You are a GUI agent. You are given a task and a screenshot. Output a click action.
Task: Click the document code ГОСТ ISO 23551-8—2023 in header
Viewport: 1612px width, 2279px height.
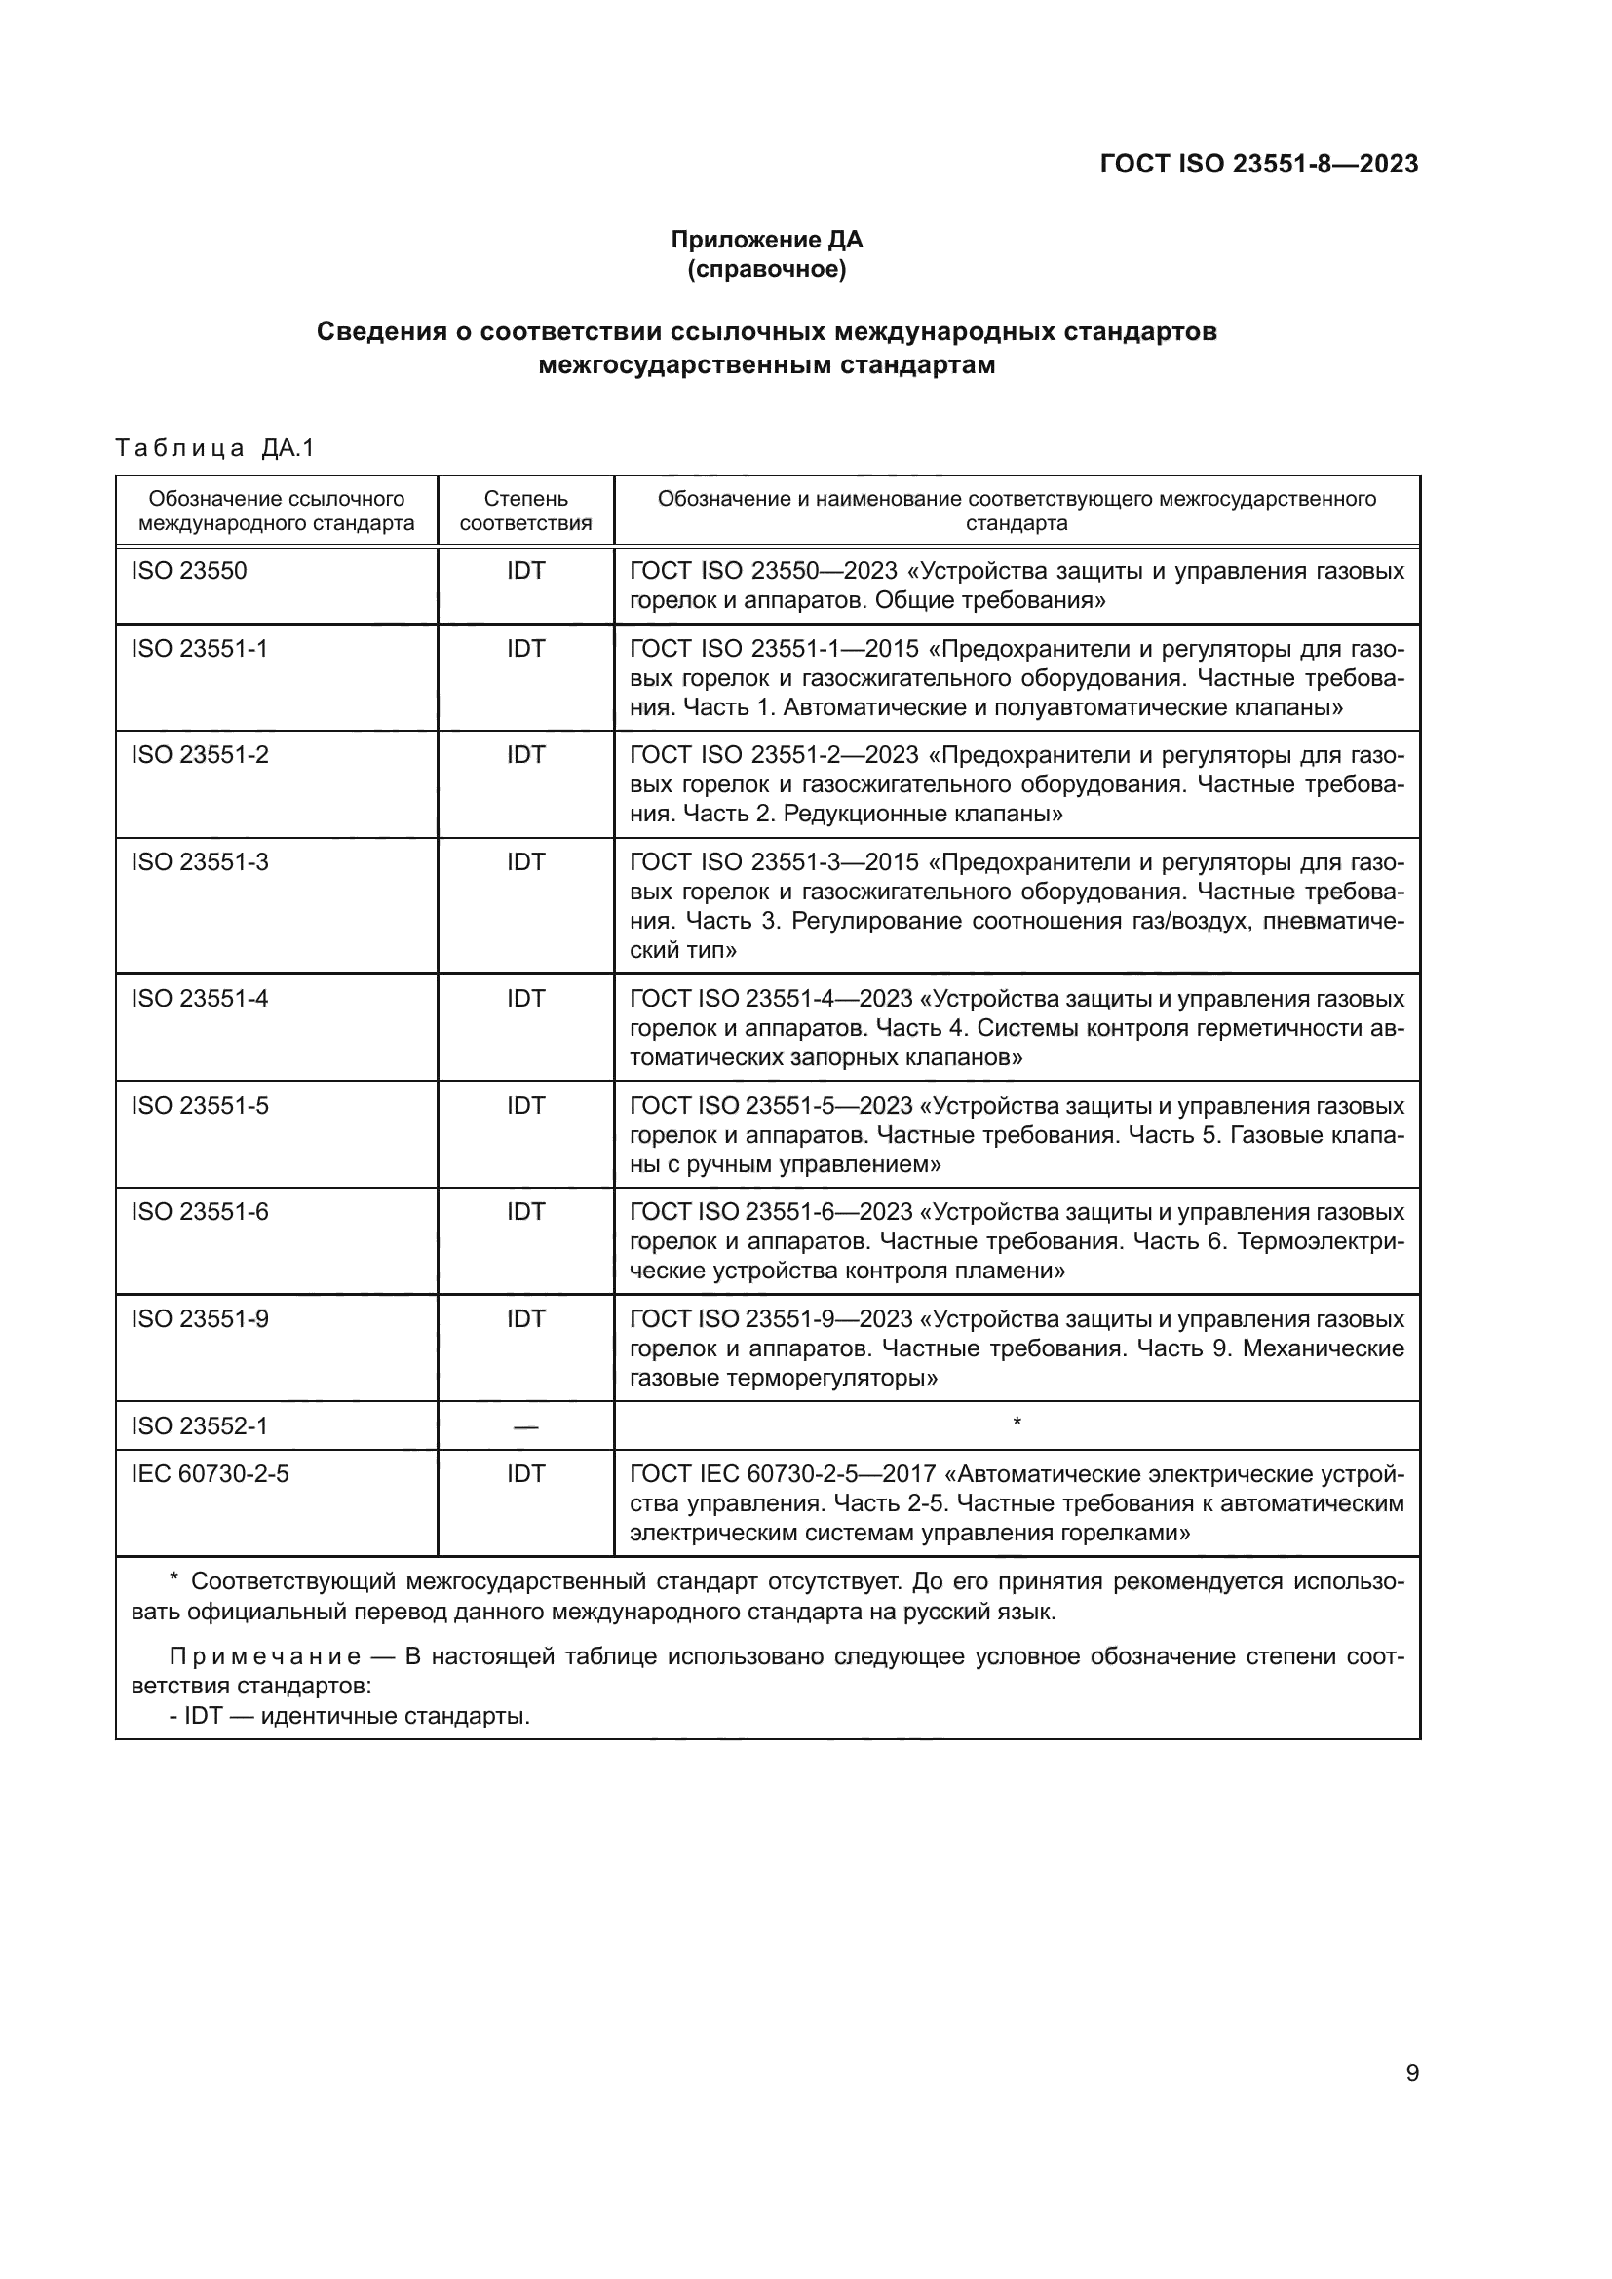pyautogui.click(x=1258, y=164)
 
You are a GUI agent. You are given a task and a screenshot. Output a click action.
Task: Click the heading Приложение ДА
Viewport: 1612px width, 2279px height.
pyautogui.click(x=766, y=240)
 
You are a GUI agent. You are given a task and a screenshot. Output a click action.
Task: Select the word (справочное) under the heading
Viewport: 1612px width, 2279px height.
pyautogui.click(x=766, y=269)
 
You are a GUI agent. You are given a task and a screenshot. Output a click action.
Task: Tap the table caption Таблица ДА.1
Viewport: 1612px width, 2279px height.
pyautogui.click(x=214, y=448)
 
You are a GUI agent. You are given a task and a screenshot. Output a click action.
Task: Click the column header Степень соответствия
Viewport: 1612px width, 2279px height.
pyautogui.click(x=525, y=511)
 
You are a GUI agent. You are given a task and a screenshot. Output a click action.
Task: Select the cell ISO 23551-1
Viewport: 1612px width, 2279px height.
pyautogui.click(x=200, y=648)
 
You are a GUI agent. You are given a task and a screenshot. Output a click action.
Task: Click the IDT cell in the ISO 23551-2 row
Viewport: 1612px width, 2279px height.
pyautogui.click(x=525, y=755)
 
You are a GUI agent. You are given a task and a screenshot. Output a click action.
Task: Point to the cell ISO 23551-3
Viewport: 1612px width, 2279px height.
pyautogui.click(x=200, y=861)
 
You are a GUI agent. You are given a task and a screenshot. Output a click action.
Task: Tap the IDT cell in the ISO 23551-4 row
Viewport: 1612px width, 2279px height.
pyautogui.click(x=525, y=999)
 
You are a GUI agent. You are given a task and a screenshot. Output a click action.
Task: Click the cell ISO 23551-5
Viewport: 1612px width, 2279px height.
pyautogui.click(x=200, y=1106)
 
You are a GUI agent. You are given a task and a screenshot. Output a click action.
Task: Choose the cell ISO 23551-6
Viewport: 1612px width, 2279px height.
pyautogui.click(x=200, y=1212)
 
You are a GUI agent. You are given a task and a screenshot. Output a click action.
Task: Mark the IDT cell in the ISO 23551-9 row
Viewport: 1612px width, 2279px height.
pyautogui.click(x=525, y=1319)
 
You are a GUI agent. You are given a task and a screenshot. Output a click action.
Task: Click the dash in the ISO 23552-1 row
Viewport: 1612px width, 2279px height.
pyautogui.click(x=525, y=1427)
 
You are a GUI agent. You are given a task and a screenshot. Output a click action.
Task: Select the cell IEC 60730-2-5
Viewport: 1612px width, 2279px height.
pyautogui.click(x=210, y=1474)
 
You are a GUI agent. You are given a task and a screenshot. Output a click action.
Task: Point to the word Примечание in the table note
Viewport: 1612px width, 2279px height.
pyautogui.click(x=264, y=1656)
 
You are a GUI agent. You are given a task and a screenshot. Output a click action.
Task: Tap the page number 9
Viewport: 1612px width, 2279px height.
pyautogui.click(x=1411, y=2073)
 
